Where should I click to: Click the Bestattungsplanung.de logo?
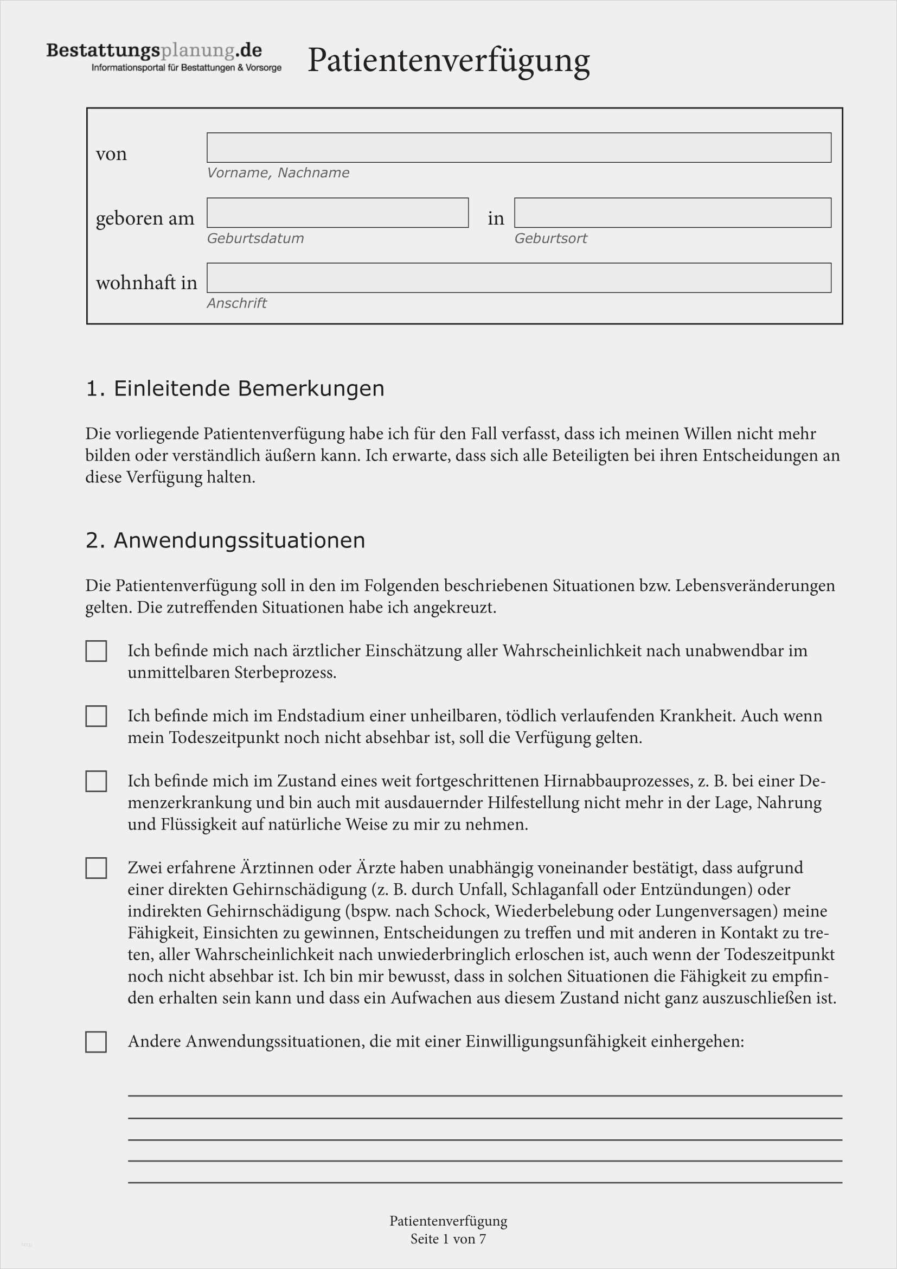pos(154,51)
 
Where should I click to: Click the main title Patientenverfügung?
pos(448,60)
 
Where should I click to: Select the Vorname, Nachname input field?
pos(518,148)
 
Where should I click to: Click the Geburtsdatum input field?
pos(337,213)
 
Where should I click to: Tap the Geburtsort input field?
pos(672,213)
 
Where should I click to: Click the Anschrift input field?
pos(518,277)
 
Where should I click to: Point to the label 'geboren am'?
pos(145,218)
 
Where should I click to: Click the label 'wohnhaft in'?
pos(146,283)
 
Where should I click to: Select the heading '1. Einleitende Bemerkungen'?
pos(235,388)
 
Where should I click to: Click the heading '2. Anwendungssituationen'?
pos(226,540)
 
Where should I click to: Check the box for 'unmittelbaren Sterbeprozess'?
pos(96,651)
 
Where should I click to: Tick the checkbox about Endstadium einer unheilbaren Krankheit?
pos(96,716)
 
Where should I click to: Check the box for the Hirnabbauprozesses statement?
pos(96,781)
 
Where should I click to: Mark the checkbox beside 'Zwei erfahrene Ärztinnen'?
pos(96,868)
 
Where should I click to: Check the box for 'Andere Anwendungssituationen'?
pos(96,1042)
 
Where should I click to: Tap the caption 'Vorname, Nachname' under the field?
pos(278,173)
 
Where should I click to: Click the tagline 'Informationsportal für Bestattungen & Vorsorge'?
pos(186,68)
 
